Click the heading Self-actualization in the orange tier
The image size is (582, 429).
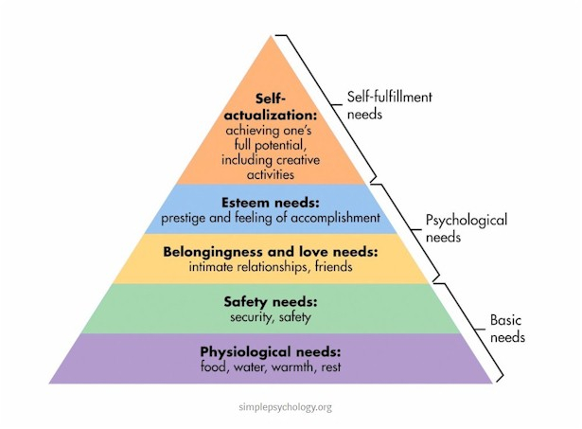click(271, 107)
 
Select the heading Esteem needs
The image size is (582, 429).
click(271, 203)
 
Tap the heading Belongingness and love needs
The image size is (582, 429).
click(271, 252)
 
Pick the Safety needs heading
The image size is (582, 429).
click(271, 301)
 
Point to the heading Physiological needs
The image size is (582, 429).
click(271, 351)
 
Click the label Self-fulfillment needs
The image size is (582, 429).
click(390, 105)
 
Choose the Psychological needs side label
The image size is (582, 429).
click(467, 228)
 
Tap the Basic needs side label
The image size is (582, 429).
click(507, 329)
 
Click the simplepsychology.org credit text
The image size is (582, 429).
click(286, 407)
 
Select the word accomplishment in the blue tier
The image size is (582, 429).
click(335, 218)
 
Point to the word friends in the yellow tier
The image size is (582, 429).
click(334, 267)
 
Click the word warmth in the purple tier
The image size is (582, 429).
click(292, 367)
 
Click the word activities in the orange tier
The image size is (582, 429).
click(271, 174)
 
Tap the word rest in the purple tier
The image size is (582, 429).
click(331, 367)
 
